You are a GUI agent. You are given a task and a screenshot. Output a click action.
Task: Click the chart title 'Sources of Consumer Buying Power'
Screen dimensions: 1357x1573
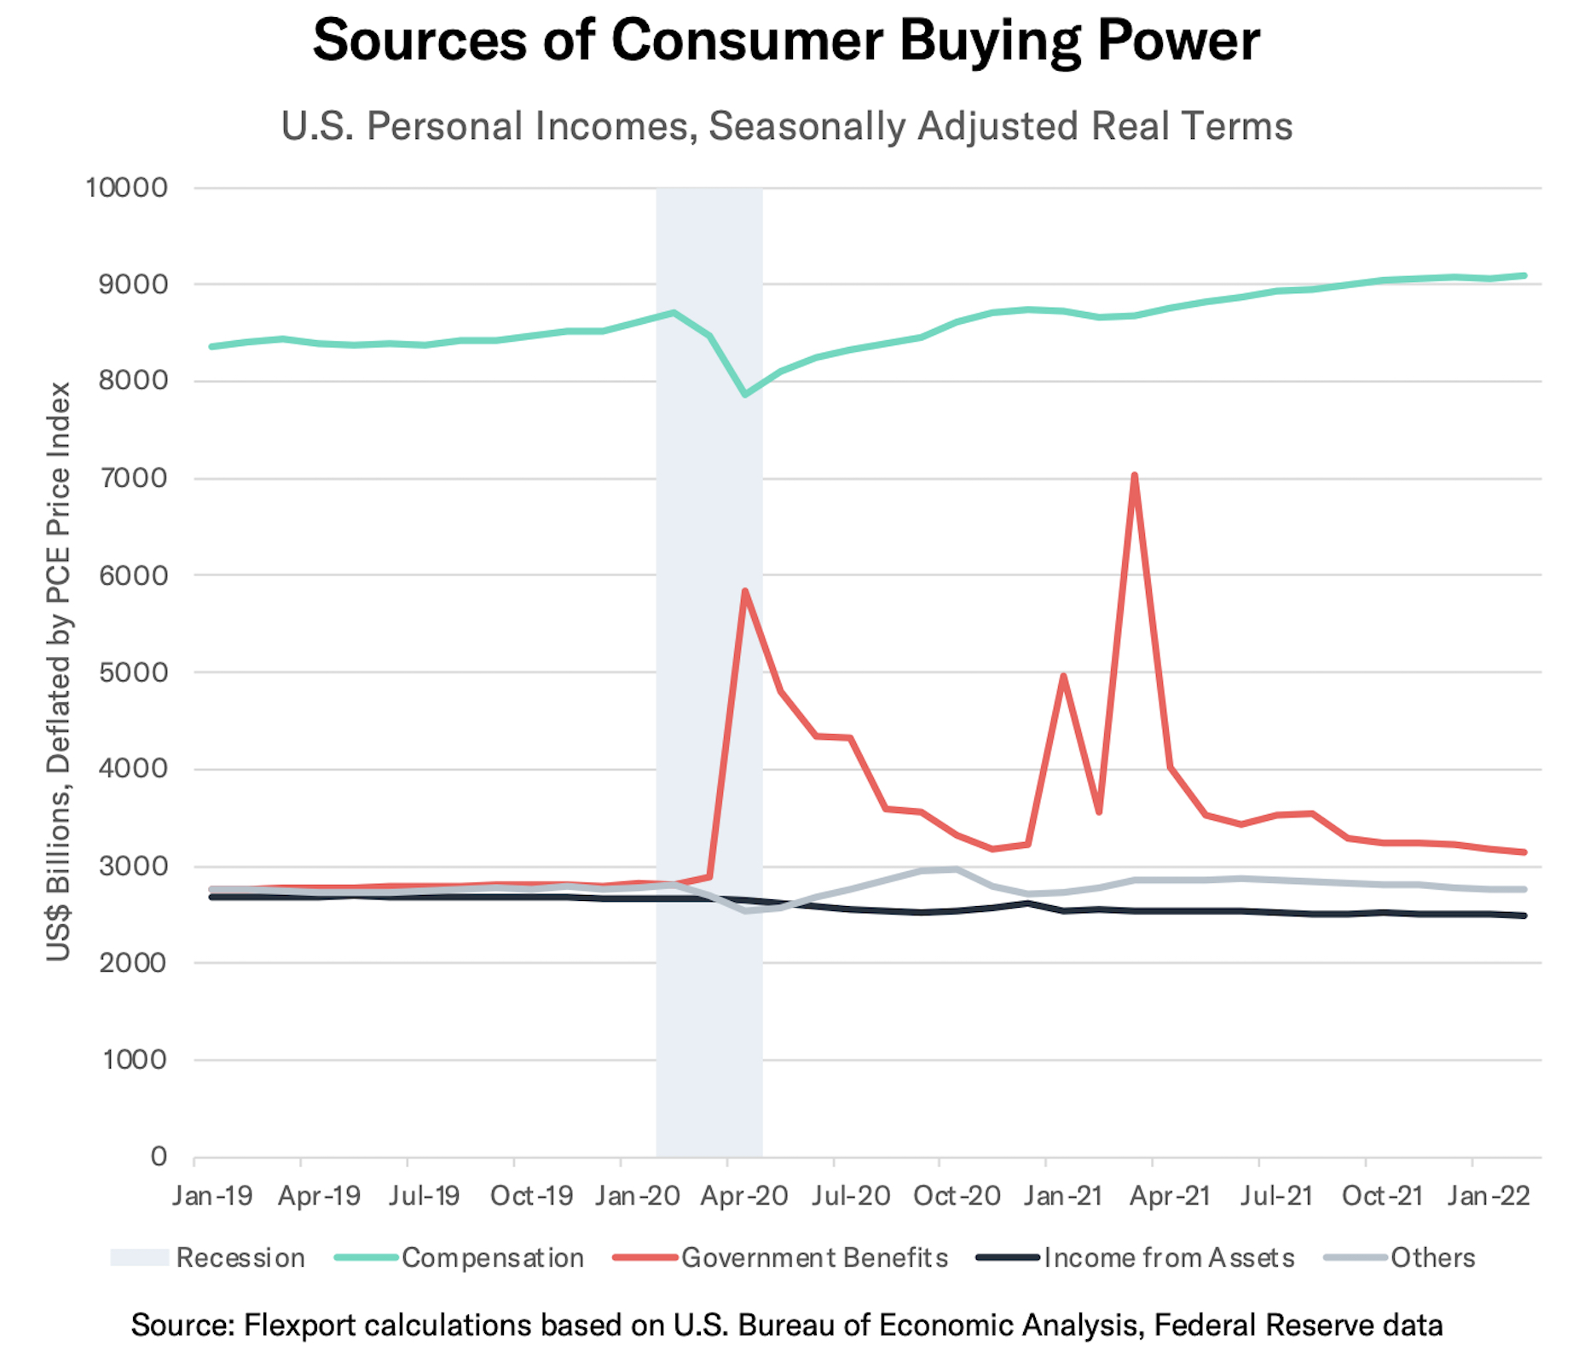(786, 40)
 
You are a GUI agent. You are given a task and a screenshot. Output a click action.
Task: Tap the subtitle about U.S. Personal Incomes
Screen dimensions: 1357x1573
(786, 126)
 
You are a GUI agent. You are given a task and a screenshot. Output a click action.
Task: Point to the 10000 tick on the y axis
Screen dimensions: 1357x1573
(126, 188)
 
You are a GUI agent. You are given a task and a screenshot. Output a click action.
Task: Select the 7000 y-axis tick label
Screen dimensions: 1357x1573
(133, 478)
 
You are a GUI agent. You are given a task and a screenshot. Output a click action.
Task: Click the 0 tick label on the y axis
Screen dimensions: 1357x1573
(159, 1157)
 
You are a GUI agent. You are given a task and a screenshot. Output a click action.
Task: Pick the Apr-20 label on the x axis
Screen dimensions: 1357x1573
(743, 1196)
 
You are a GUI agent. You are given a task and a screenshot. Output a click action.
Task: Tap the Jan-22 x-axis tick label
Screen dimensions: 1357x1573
(1489, 1196)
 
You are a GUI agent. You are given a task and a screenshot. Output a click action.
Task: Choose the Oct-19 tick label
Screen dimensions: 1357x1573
(531, 1196)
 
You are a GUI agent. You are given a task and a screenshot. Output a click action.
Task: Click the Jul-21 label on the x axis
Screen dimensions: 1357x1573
(1276, 1196)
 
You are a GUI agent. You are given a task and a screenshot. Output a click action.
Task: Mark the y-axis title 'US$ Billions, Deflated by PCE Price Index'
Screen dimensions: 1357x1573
(58, 672)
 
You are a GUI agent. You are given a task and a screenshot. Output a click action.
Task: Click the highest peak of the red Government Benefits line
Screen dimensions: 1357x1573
(1134, 476)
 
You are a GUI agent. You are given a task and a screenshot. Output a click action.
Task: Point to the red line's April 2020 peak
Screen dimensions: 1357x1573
(744, 591)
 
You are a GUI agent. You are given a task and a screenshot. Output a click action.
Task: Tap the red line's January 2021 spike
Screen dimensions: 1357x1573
(1063, 677)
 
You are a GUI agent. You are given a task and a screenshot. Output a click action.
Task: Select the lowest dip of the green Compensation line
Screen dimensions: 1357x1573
(745, 395)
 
